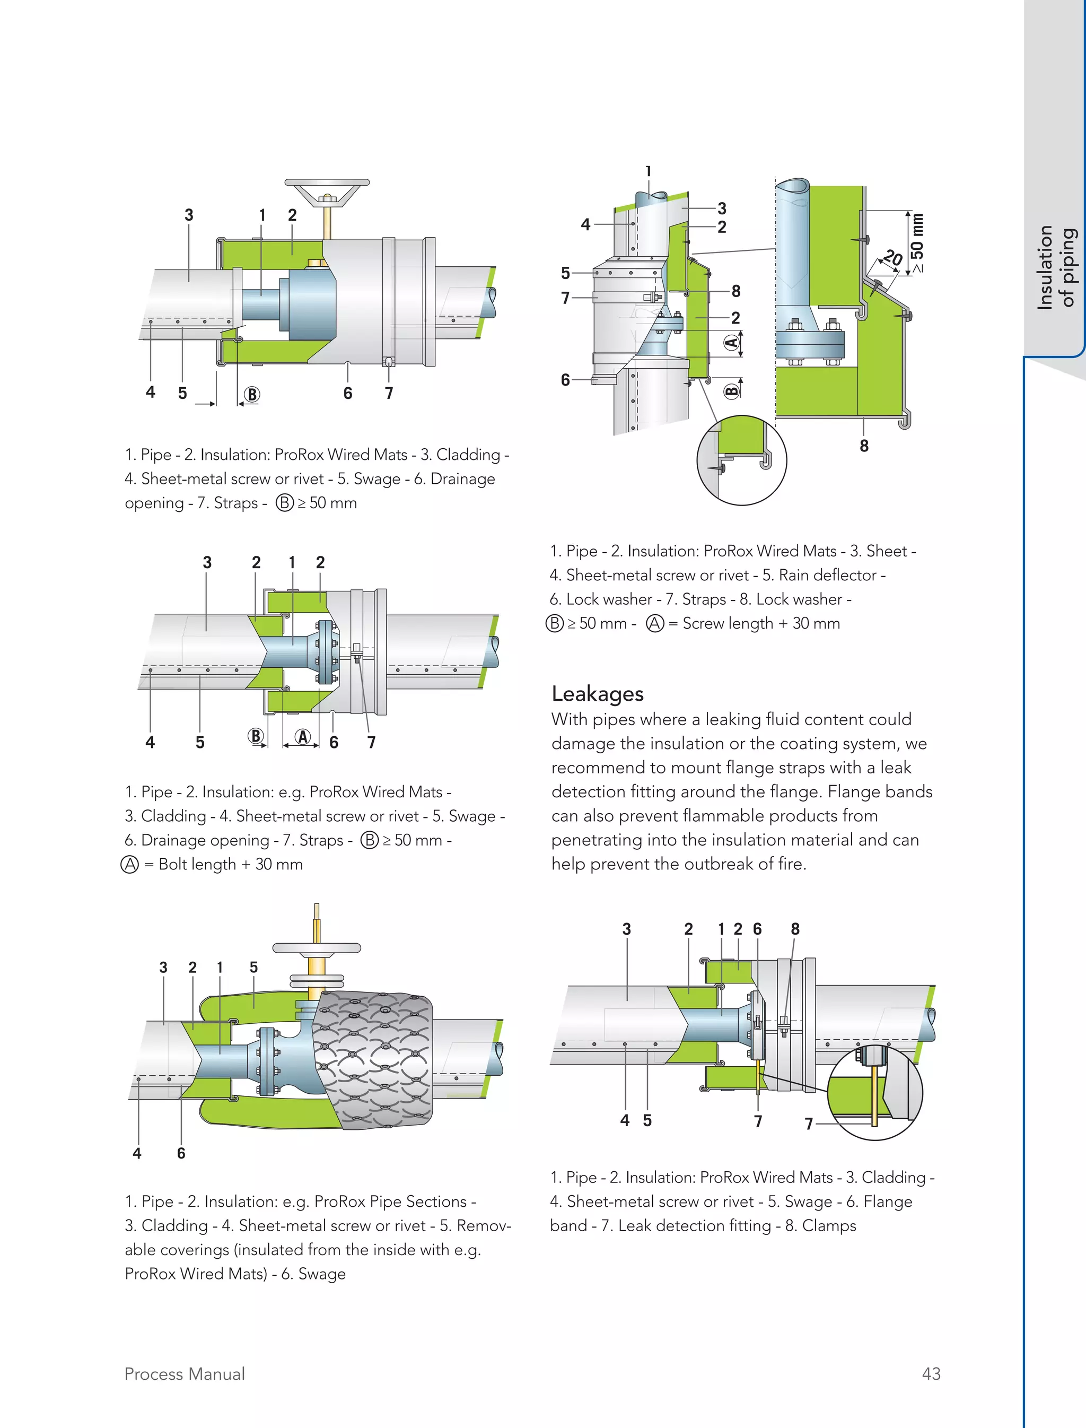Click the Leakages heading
point(597,694)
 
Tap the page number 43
point(931,1374)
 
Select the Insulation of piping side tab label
point(1056,267)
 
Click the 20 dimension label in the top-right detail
point(893,258)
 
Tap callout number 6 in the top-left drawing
point(348,393)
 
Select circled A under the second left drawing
point(303,737)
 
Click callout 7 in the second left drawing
point(372,743)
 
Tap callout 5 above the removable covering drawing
point(253,967)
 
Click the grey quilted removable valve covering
point(372,1060)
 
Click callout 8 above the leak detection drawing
point(795,929)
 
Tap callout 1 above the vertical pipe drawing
point(649,171)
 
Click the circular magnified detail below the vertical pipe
point(741,460)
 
